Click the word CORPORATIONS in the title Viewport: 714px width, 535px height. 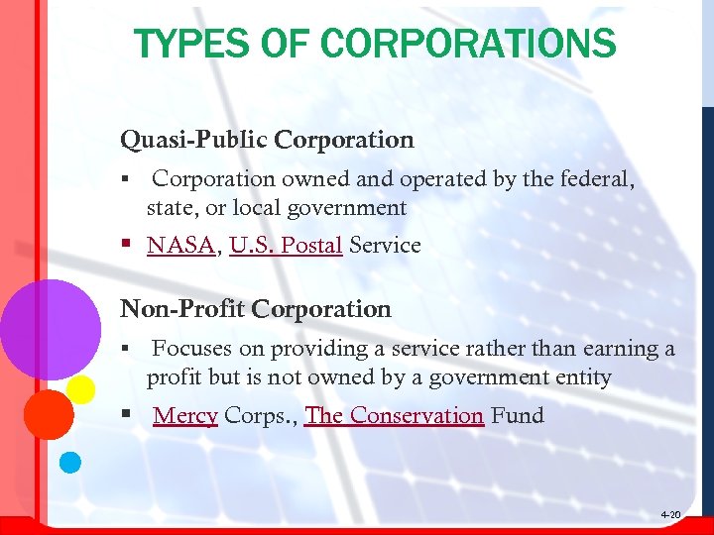(469, 44)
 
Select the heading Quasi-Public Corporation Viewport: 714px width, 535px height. (267, 140)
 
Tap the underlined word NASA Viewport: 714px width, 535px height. (180, 245)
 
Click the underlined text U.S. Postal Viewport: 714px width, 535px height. (286, 245)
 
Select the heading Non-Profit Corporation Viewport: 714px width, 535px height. (256, 309)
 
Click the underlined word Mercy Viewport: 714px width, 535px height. (185, 415)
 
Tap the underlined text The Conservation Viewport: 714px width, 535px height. (394, 415)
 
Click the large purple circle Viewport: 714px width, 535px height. (50, 324)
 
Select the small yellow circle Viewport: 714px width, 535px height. (81, 388)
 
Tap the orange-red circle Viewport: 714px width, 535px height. (48, 414)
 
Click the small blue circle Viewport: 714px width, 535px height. (69, 462)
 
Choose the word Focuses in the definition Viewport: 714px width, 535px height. (187, 349)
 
